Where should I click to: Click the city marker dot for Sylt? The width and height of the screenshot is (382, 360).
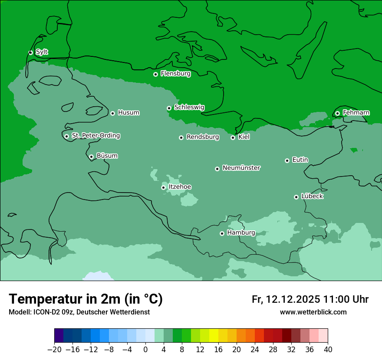[x=30, y=52]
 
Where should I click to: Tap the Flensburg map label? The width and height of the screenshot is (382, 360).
[x=175, y=74]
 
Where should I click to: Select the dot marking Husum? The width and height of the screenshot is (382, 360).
[x=112, y=113]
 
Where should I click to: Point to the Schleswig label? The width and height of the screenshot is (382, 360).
[x=189, y=107]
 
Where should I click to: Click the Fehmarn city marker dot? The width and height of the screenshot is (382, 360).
[x=337, y=113]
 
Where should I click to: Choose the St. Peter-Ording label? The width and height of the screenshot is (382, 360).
[x=95, y=136]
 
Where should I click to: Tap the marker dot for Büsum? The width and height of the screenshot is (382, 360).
[x=91, y=157]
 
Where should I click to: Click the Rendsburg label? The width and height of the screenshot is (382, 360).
[x=202, y=137]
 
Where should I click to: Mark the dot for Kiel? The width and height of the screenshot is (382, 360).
[x=233, y=137]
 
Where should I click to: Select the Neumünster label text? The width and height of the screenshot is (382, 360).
[x=241, y=168]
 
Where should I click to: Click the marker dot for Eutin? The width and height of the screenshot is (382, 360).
[x=287, y=160]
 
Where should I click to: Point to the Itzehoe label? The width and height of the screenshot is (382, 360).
[x=180, y=187]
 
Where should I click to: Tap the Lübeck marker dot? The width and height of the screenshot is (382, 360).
[x=296, y=197]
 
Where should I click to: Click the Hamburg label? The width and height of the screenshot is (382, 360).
[x=241, y=233]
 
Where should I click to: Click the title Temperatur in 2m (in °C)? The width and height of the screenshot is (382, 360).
[x=86, y=299]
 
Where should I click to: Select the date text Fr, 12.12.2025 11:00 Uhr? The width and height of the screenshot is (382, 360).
[x=310, y=299]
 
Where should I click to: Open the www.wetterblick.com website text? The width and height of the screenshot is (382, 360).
[x=313, y=312]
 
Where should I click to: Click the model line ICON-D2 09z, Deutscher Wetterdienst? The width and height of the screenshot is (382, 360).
[x=79, y=312]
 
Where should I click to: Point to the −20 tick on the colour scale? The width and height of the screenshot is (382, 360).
[x=54, y=350]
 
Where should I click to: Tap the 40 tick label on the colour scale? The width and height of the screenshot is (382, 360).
[x=328, y=350]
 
